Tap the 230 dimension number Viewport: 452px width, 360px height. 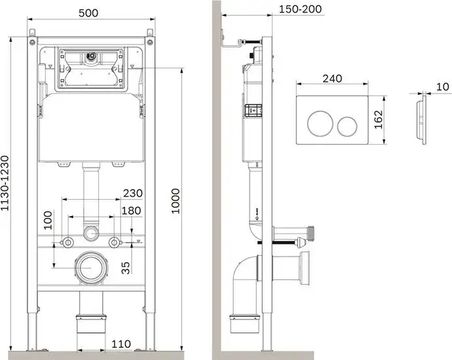pos(132,194)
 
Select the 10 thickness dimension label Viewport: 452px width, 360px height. pos(442,86)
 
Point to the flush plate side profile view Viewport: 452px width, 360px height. pos(420,121)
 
